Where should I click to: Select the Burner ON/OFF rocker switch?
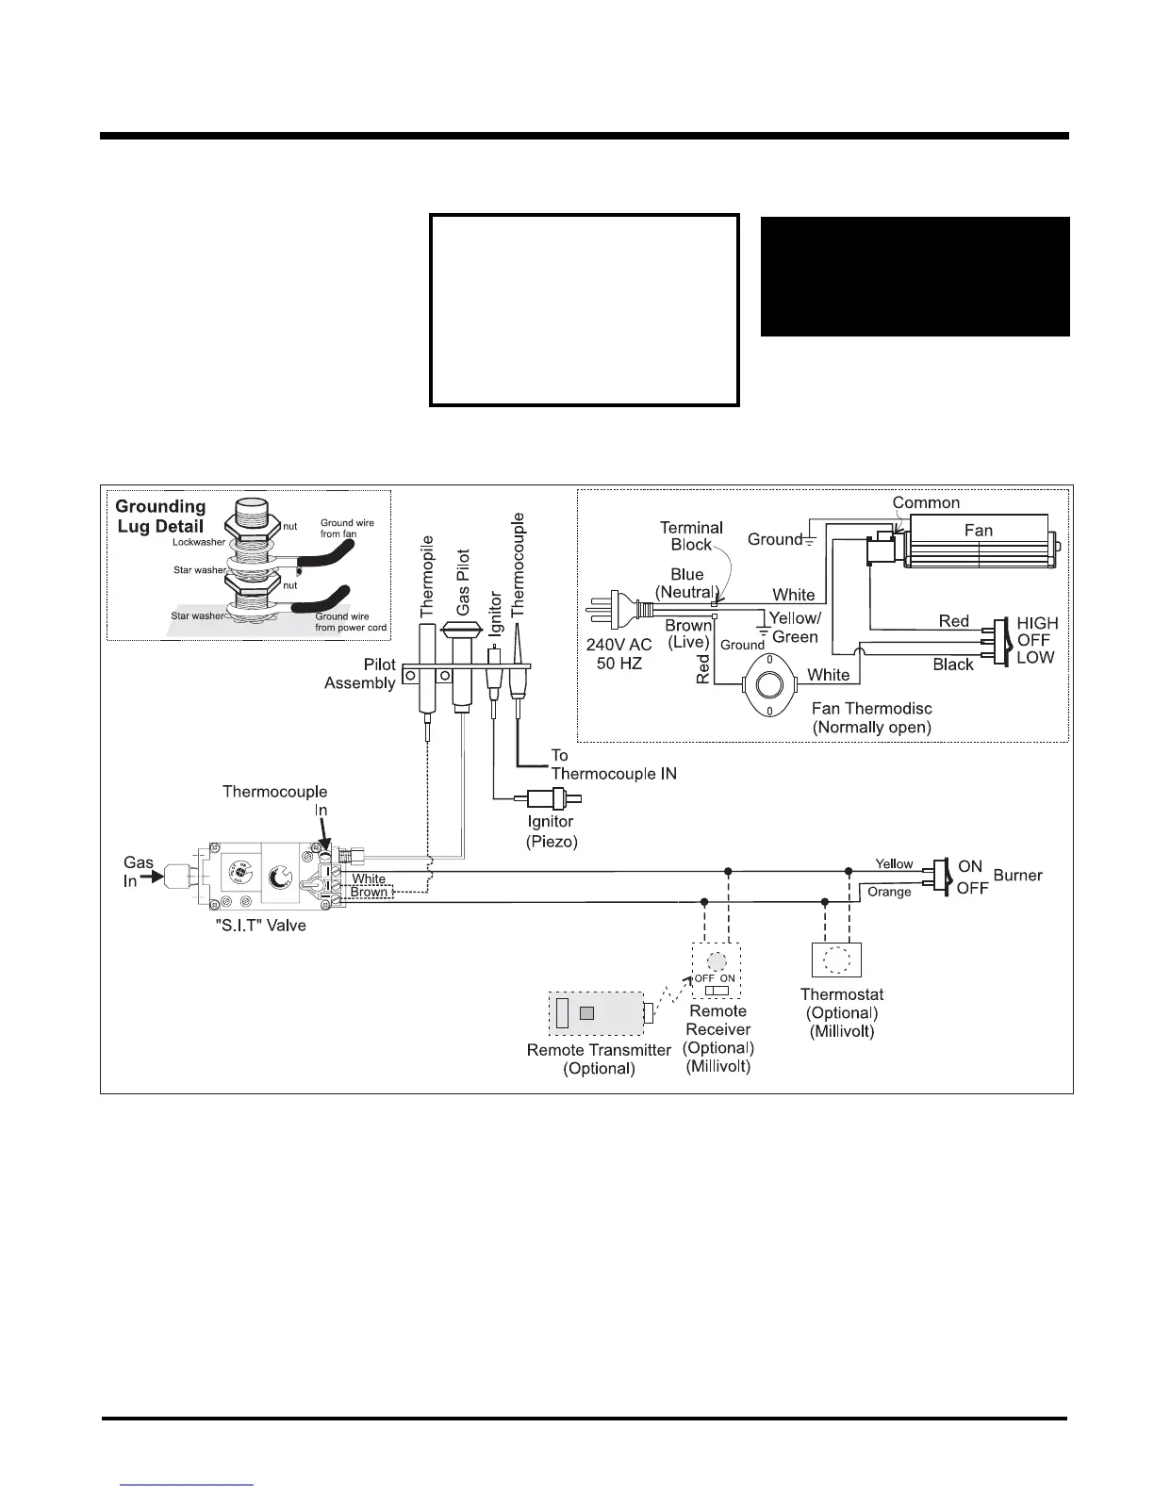(x=941, y=875)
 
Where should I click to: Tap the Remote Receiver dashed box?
(x=717, y=971)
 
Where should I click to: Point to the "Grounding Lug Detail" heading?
(x=160, y=517)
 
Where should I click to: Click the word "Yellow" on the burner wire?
(x=894, y=863)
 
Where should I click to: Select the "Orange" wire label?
(x=889, y=892)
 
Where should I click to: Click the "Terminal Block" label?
(x=691, y=536)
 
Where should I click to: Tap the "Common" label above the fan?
(x=926, y=503)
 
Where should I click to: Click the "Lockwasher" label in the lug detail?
(x=199, y=542)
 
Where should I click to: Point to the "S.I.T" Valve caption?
(x=261, y=926)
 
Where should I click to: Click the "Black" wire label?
(x=952, y=664)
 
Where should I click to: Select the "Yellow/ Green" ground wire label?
(x=795, y=627)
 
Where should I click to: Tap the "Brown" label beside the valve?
(x=369, y=892)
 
